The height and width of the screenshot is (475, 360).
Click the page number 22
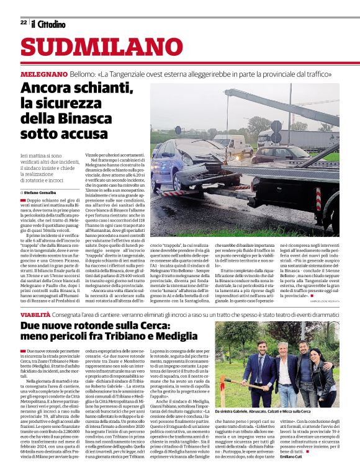[24, 22]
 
